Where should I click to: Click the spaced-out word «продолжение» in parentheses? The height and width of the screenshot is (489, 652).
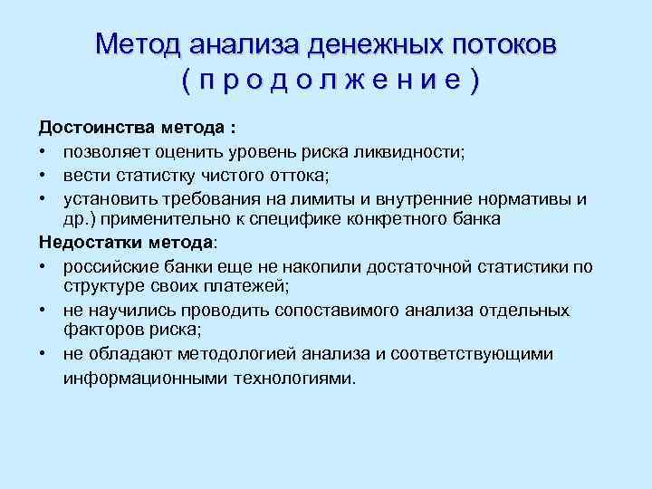pos(331,81)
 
